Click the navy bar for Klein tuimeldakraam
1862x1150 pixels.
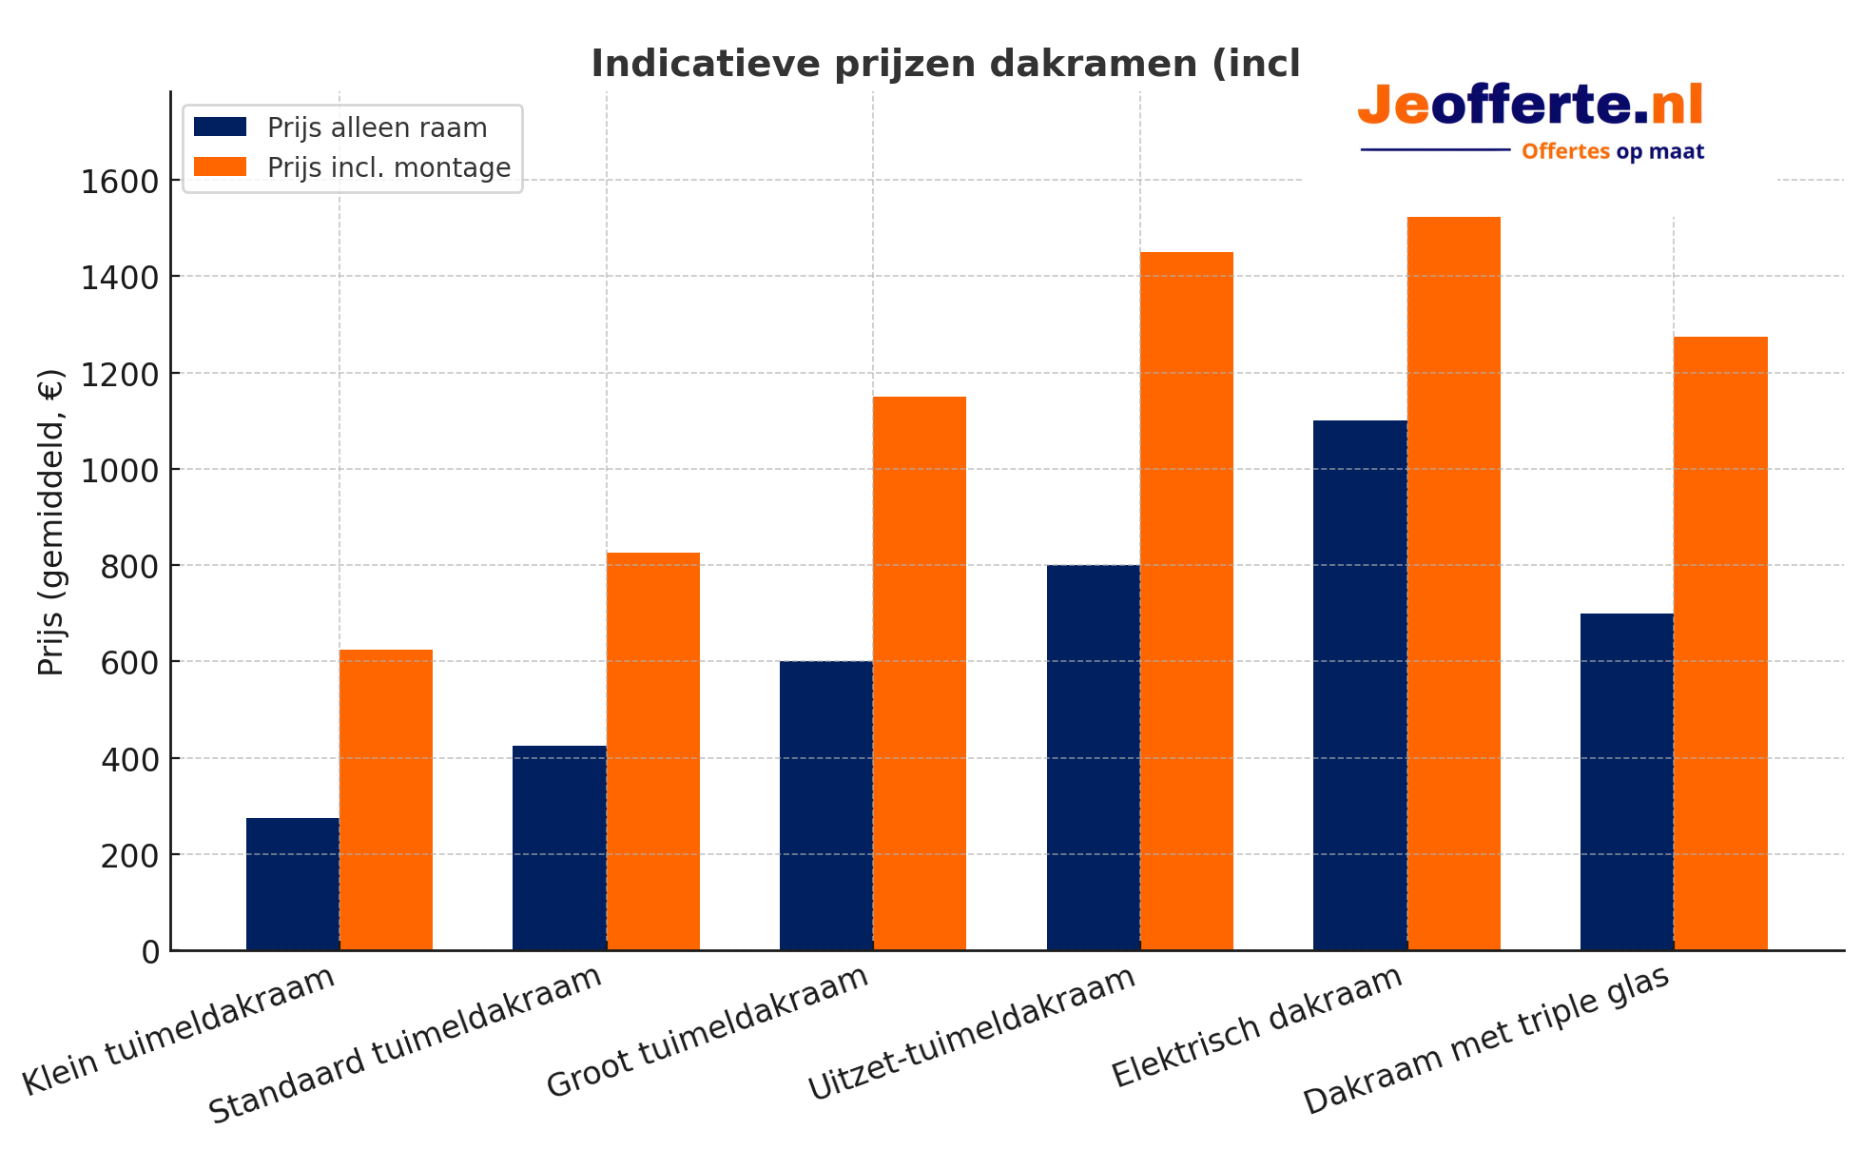coord(292,884)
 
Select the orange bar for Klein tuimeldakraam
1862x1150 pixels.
coord(386,799)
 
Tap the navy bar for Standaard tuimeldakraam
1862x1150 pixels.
coord(559,848)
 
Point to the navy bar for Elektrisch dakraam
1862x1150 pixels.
coord(1360,685)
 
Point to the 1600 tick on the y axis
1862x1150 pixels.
coord(119,181)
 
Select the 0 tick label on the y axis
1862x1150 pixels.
coord(150,951)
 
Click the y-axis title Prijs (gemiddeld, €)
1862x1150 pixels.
coord(50,521)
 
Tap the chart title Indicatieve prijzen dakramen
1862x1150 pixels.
coord(944,64)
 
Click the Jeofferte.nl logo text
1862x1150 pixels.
coord(1530,105)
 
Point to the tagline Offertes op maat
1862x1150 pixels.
coord(1612,151)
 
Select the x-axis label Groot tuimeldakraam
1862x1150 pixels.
coord(708,1032)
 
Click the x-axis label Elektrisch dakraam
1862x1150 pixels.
coord(1257,1026)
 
